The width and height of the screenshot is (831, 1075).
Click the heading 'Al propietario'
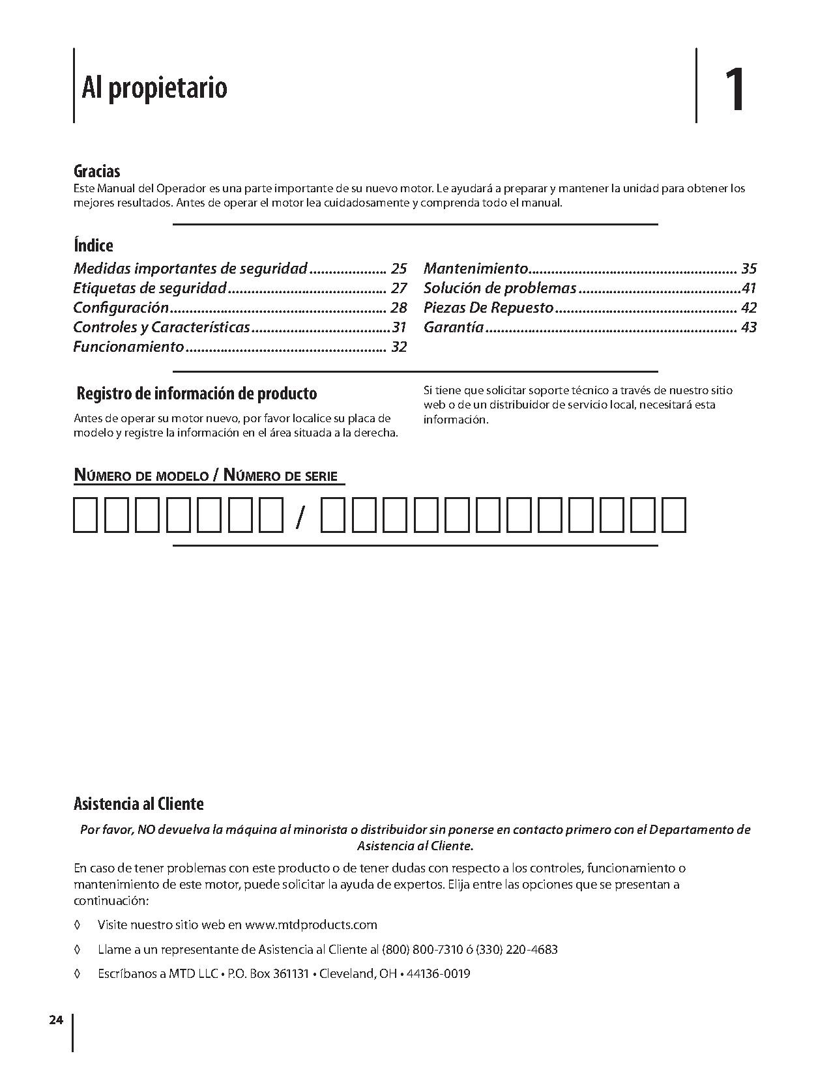(x=154, y=87)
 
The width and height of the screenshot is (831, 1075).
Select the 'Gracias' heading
(x=96, y=171)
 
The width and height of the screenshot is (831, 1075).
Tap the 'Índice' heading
(x=93, y=246)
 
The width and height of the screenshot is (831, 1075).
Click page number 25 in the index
(x=399, y=268)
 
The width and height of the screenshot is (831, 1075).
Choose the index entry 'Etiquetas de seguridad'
(x=150, y=288)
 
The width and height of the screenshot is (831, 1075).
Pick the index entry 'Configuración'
(x=121, y=308)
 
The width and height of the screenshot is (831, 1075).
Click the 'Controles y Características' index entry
(x=162, y=327)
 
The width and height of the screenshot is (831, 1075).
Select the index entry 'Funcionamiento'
(x=128, y=347)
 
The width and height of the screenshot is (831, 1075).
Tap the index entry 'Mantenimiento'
(x=476, y=268)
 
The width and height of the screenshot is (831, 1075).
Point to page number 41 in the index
(x=749, y=288)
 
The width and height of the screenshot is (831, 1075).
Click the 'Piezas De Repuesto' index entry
(x=488, y=308)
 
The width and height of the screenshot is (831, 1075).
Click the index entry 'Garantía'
(x=454, y=327)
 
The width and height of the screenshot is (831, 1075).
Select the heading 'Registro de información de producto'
(x=197, y=394)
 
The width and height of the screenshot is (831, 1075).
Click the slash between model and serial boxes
(x=299, y=517)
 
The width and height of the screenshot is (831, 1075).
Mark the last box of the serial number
(x=674, y=515)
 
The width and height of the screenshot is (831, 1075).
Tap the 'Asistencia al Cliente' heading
(x=138, y=804)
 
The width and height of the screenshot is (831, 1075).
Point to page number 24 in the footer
(x=55, y=1020)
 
